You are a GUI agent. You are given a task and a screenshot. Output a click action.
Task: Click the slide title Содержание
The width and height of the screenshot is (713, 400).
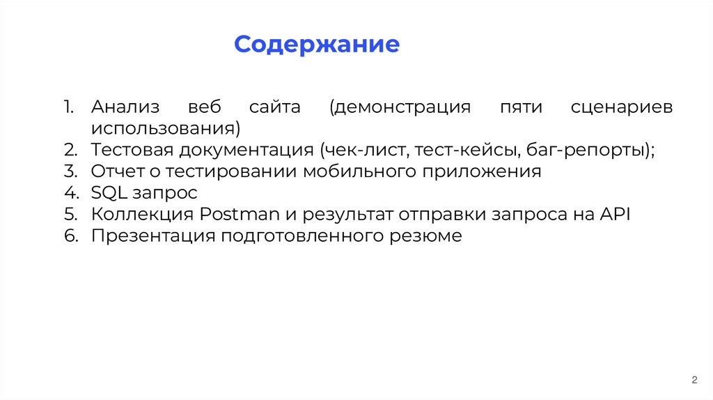point(317,45)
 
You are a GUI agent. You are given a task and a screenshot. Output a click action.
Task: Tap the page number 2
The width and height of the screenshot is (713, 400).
point(694,380)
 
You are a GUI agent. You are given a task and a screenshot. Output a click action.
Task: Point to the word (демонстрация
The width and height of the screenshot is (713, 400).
point(400,108)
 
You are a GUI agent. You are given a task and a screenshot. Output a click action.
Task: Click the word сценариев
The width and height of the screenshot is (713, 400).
point(622,108)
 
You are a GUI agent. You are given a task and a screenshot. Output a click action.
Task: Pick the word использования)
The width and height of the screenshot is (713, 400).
point(165,130)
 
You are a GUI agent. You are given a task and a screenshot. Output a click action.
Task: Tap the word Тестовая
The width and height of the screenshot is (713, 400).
point(132,151)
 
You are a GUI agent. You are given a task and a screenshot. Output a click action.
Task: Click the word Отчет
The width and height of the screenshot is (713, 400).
point(113,171)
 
